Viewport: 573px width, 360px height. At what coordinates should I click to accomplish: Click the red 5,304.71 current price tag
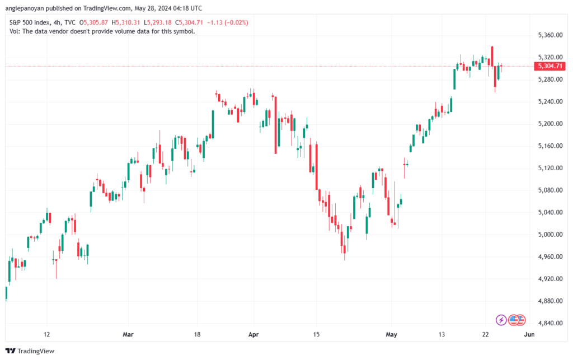click(549, 66)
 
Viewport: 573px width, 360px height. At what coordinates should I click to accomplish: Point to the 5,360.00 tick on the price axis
click(550, 35)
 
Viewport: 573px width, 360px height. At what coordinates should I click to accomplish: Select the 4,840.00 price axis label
click(550, 323)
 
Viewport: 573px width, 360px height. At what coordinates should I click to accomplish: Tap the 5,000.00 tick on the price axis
click(550, 235)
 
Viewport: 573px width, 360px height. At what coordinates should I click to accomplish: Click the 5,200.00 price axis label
click(550, 124)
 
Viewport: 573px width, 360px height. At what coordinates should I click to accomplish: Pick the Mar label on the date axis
click(128, 334)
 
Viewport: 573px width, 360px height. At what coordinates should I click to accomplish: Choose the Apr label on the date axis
click(253, 334)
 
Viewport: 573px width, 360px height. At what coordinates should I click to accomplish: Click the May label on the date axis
click(391, 334)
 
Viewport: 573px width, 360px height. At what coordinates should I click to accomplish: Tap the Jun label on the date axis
click(529, 334)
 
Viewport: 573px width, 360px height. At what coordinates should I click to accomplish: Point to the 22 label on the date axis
click(485, 334)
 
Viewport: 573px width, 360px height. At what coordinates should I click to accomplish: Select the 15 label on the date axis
click(316, 334)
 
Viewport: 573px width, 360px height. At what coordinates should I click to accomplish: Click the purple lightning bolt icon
click(501, 320)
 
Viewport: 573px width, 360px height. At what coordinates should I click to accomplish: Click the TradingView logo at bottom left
click(30, 351)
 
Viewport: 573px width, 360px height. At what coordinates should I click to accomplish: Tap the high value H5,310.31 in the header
click(126, 22)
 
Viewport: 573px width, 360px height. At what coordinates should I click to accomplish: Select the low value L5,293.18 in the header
click(157, 22)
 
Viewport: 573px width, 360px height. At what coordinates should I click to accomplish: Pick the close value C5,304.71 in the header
click(189, 22)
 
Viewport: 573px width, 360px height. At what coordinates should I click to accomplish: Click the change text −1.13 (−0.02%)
click(227, 22)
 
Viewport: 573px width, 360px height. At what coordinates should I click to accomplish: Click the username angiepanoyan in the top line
click(25, 8)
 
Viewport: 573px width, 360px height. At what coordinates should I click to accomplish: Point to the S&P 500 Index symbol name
click(29, 22)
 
